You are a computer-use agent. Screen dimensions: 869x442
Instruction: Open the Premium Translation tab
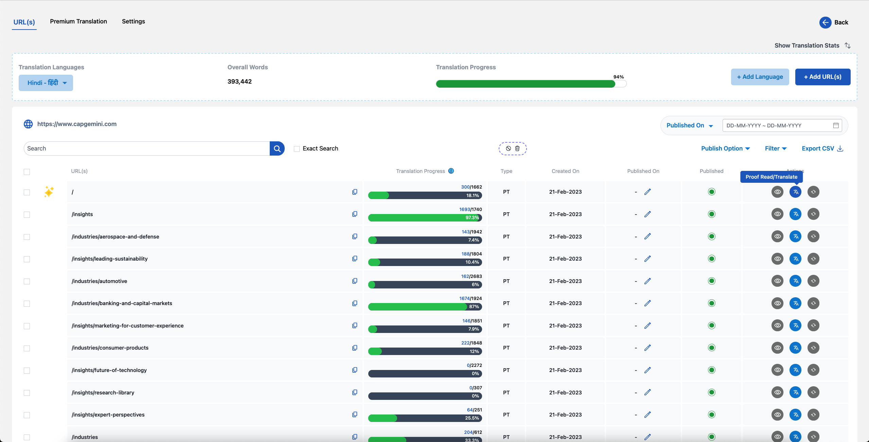tap(78, 21)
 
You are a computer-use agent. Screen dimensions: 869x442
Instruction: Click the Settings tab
tap(134, 21)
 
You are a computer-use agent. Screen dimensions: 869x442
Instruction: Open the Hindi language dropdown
tap(46, 83)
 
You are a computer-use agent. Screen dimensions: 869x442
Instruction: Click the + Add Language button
tap(760, 77)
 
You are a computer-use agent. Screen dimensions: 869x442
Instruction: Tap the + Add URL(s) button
tap(823, 77)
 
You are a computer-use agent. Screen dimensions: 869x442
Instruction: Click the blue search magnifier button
tap(277, 148)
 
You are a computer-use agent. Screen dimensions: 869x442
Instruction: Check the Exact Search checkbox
tap(297, 149)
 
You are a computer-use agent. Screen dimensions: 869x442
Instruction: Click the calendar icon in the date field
tap(836, 125)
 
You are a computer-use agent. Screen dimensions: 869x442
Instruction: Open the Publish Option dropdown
tap(726, 148)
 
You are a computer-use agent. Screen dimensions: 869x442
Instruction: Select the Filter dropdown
tap(776, 148)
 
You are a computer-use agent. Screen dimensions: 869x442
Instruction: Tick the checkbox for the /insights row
tap(27, 215)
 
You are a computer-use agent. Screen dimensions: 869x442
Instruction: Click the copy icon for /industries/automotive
tap(355, 281)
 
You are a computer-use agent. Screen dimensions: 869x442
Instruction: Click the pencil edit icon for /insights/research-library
tap(648, 392)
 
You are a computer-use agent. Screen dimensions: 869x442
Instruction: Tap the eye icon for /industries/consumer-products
tap(777, 348)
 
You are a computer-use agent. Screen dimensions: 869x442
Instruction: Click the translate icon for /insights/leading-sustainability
tap(795, 259)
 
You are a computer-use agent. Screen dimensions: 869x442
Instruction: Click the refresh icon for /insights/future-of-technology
tap(813, 370)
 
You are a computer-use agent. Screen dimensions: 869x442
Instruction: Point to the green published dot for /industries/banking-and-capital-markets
tap(712, 303)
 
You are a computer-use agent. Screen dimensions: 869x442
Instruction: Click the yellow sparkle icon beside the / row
tap(49, 192)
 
